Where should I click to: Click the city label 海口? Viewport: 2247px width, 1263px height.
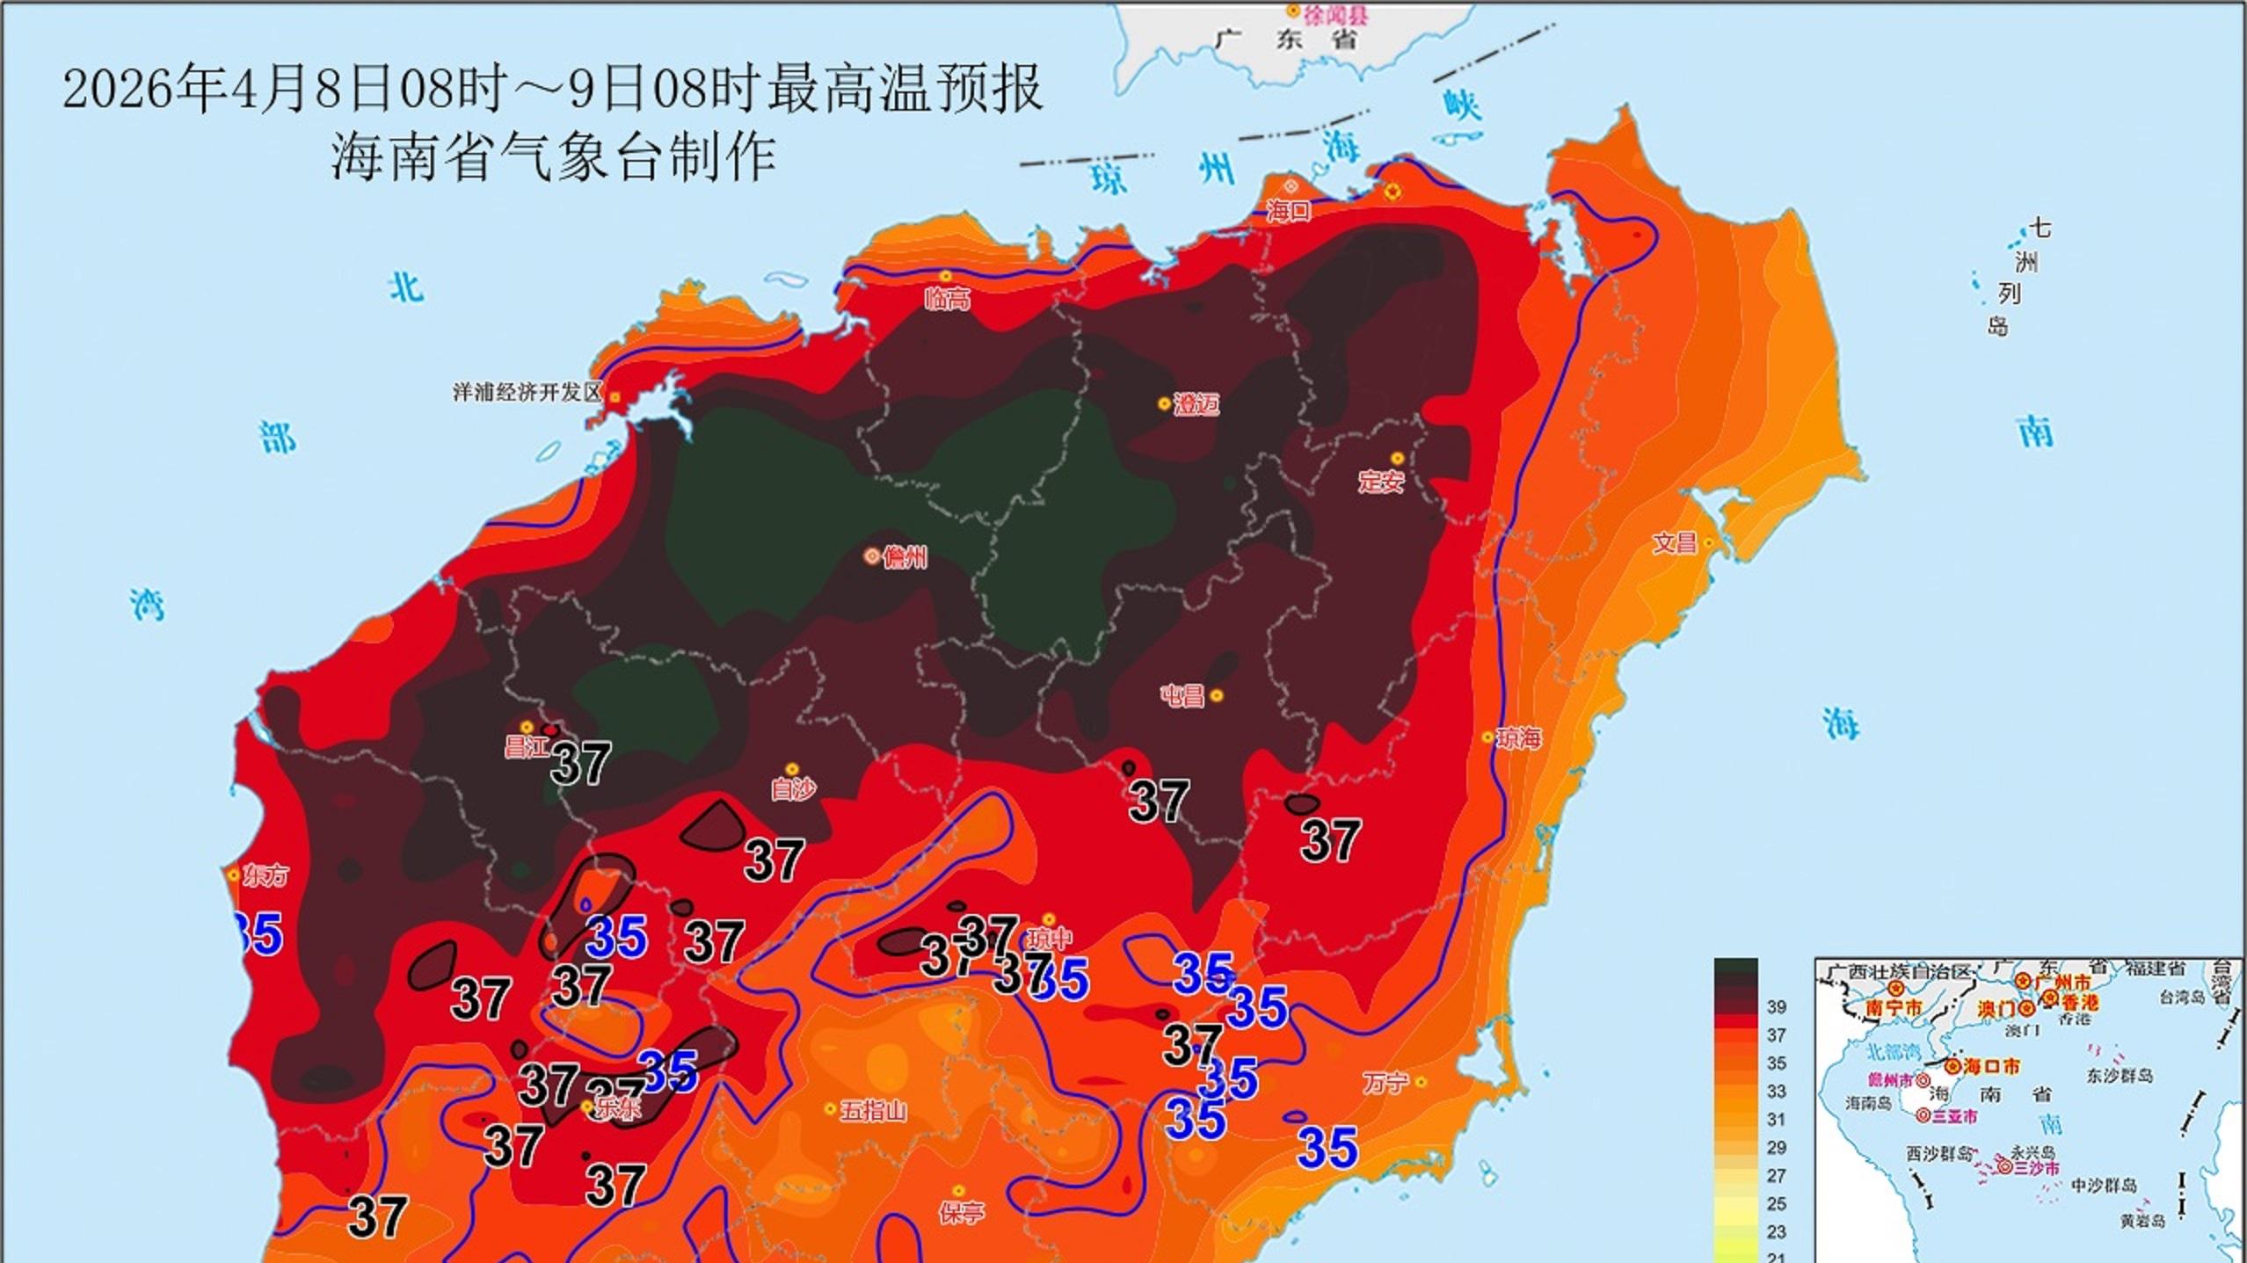pyautogui.click(x=1288, y=211)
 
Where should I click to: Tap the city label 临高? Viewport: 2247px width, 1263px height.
pyautogui.click(x=947, y=300)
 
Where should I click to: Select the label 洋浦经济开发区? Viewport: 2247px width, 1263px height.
pyautogui.click(x=526, y=392)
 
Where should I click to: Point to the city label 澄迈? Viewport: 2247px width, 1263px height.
pyautogui.click(x=1196, y=405)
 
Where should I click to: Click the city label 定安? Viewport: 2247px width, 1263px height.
pyautogui.click(x=1381, y=482)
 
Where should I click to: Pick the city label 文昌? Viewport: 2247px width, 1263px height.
pyautogui.click(x=1674, y=543)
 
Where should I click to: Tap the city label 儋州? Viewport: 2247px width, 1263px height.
pyautogui.click(x=905, y=557)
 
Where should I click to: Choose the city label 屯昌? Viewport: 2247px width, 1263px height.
pyautogui.click(x=1182, y=696)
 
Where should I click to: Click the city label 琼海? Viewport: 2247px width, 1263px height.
pyautogui.click(x=1519, y=739)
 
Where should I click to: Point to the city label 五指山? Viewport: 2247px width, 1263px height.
pyautogui.click(x=873, y=1111)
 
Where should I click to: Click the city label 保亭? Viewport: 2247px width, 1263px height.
pyautogui.click(x=961, y=1214)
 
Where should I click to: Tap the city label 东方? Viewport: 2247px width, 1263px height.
pyautogui.click(x=266, y=875)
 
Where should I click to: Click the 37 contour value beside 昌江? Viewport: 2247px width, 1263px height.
pyautogui.click(x=580, y=764)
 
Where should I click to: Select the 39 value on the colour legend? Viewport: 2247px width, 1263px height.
pyautogui.click(x=1777, y=1007)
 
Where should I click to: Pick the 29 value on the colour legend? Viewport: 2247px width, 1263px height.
pyautogui.click(x=1777, y=1147)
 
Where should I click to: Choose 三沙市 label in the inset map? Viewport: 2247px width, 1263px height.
pyautogui.click(x=2037, y=1168)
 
